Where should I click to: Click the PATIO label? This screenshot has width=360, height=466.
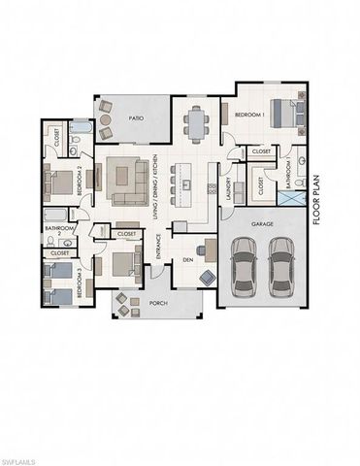click(x=137, y=117)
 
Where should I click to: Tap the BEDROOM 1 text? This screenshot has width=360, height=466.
click(x=250, y=116)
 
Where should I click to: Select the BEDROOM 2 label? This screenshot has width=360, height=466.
click(x=92, y=180)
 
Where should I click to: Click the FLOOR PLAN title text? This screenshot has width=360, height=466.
click(x=316, y=200)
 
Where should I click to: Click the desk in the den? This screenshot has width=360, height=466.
click(x=211, y=250)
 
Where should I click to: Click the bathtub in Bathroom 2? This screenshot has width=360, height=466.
click(x=56, y=216)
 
